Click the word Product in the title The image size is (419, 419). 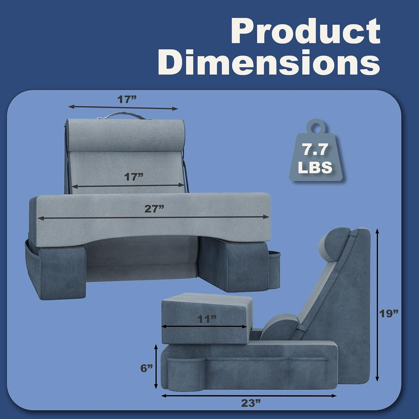[x=305, y=31]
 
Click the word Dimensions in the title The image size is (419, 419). [x=269, y=62]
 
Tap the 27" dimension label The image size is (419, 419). [x=154, y=209]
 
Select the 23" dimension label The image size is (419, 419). [x=251, y=403]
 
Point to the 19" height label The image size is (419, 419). [x=389, y=313]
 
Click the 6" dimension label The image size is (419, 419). [x=147, y=368]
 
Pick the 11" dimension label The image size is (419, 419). [x=207, y=319]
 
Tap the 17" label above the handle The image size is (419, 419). [x=127, y=99]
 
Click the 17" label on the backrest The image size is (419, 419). [x=134, y=177]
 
